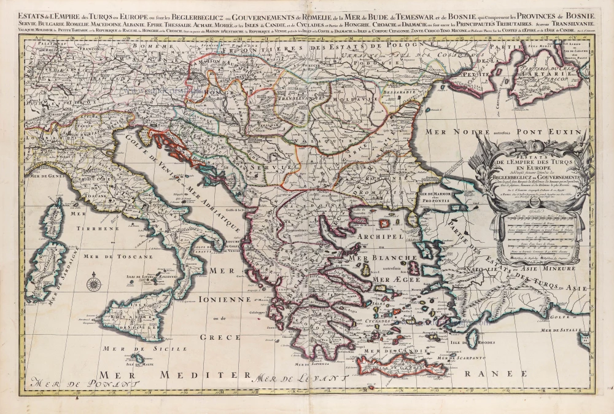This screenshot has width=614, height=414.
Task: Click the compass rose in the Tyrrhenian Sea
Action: tap(95, 284)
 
